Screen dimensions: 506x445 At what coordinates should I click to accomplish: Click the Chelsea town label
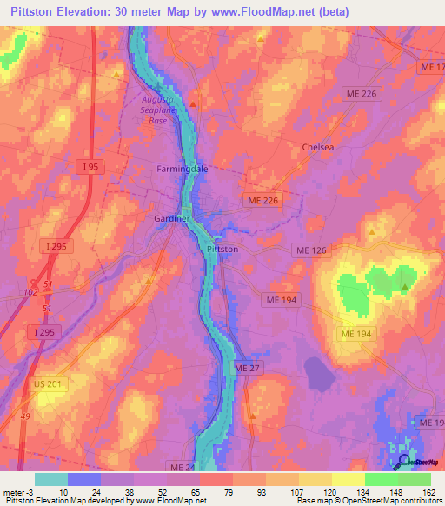[318, 147]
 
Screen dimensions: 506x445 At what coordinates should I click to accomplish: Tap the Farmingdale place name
[183, 169]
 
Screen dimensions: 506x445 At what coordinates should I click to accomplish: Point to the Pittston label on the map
[222, 249]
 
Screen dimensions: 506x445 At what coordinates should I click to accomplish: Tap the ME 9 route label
[429, 423]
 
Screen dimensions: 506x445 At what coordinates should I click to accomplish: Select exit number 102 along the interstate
[31, 293]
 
